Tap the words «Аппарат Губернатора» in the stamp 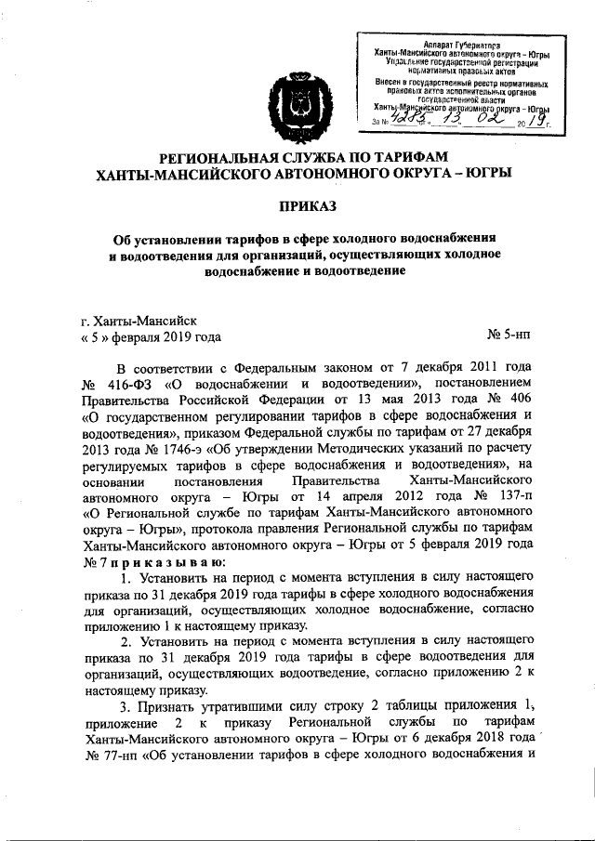pyautogui.click(x=456, y=44)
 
